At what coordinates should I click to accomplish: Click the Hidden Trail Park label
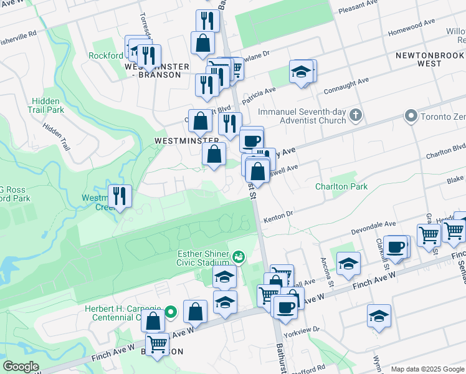click(x=46, y=105)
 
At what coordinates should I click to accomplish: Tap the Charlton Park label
click(x=341, y=186)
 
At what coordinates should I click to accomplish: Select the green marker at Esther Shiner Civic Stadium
click(x=238, y=257)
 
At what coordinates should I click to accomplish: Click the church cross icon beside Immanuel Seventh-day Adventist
click(x=355, y=115)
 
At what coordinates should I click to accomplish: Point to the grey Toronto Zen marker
click(x=411, y=116)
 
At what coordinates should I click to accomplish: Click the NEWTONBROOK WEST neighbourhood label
click(x=430, y=59)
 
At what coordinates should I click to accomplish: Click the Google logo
click(x=21, y=367)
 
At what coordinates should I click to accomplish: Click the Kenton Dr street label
click(x=278, y=216)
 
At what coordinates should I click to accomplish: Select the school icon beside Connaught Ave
click(x=301, y=72)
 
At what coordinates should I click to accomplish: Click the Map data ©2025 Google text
click(x=427, y=368)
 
